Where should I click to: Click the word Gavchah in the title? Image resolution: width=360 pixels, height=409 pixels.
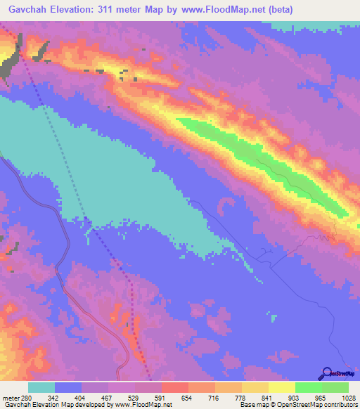[x=32, y=9]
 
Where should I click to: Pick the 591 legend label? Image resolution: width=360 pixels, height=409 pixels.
[x=160, y=397]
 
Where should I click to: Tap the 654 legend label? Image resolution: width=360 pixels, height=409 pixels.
[x=186, y=397]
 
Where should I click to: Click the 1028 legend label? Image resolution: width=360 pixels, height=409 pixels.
[x=345, y=397]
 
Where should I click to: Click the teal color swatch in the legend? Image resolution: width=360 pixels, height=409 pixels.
[x=41, y=387]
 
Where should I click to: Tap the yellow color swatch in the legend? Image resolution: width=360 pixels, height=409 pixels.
[x=282, y=387]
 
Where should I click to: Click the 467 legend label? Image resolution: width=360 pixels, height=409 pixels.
[x=106, y=397]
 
